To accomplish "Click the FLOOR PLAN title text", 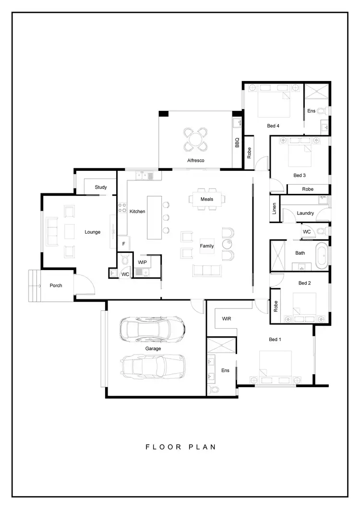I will tap(180, 447).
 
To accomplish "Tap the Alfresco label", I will tap(196, 161).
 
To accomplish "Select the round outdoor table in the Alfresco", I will tap(196, 140).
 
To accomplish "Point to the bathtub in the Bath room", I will tap(321, 256).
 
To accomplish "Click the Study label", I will tap(101, 187).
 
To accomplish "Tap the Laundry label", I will tap(305, 213).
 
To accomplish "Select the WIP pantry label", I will tap(143, 262).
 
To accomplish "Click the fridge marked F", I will tap(123, 244).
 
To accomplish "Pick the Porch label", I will tap(56, 285).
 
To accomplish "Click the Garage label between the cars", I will tap(153, 349).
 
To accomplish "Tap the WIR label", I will tap(227, 318).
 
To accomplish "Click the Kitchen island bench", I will tap(154, 217).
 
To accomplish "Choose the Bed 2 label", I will tap(304, 283).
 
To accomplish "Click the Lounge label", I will tap(93, 232).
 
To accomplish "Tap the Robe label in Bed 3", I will tap(308, 189).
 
